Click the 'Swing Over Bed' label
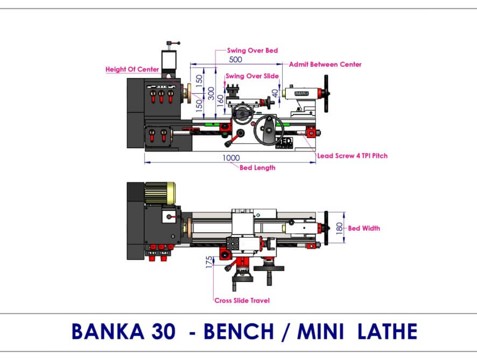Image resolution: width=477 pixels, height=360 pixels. [252, 51]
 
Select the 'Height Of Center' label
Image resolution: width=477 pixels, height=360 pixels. [132, 70]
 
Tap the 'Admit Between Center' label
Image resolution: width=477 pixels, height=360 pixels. [325, 65]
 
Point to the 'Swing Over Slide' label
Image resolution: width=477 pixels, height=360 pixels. [252, 76]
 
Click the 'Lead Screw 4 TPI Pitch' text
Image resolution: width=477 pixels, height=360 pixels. [352, 156]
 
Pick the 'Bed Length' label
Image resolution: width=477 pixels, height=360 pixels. [257, 168]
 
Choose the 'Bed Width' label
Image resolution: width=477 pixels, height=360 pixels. [364, 229]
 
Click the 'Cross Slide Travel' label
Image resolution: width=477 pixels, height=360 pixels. [242, 301]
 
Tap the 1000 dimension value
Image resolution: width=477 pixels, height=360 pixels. [231, 158]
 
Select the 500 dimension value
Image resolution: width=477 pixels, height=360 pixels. [235, 59]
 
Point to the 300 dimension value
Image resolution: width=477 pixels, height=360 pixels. [211, 93]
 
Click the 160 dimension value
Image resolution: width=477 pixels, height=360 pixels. [221, 100]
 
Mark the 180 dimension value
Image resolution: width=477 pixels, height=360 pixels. [339, 229]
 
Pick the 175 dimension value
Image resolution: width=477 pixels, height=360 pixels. [209, 262]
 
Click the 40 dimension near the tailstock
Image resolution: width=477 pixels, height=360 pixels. [275, 93]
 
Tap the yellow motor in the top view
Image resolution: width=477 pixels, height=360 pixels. [160, 193]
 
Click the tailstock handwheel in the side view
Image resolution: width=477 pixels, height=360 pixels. [326, 94]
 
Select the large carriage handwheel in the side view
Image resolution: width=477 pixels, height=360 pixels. [269, 130]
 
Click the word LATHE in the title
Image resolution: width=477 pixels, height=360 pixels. [387, 331]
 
